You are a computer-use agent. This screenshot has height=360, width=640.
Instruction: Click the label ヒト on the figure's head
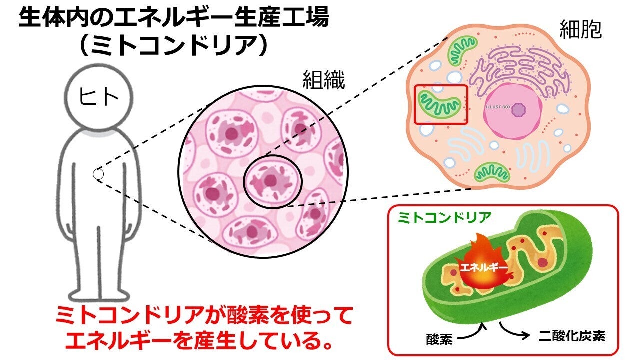(x=99, y=96)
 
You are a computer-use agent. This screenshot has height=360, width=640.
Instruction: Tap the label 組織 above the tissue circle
(x=323, y=80)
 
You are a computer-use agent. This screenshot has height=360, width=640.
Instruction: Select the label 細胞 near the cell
(x=580, y=30)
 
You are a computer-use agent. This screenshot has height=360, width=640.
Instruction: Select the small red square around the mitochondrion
(x=441, y=104)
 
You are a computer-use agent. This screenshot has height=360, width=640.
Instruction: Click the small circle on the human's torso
(x=98, y=174)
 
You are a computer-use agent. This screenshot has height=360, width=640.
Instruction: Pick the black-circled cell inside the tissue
(x=272, y=181)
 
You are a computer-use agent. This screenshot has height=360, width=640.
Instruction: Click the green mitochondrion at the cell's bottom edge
(x=492, y=172)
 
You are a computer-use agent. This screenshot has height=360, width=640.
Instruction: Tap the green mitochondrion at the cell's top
(x=462, y=50)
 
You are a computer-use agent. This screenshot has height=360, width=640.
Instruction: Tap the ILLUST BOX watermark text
(x=499, y=107)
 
